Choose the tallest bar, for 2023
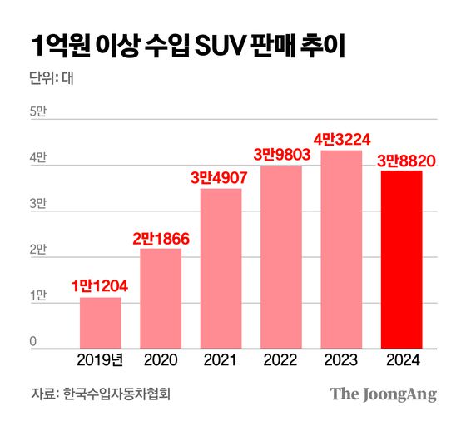[x=342, y=247]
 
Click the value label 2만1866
[x=161, y=238]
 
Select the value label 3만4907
[x=221, y=177]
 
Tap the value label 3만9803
[x=281, y=155]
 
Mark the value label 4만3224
[x=342, y=139]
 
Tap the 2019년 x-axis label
[x=101, y=359]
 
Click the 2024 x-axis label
[x=402, y=359]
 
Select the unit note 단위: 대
[x=52, y=81]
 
